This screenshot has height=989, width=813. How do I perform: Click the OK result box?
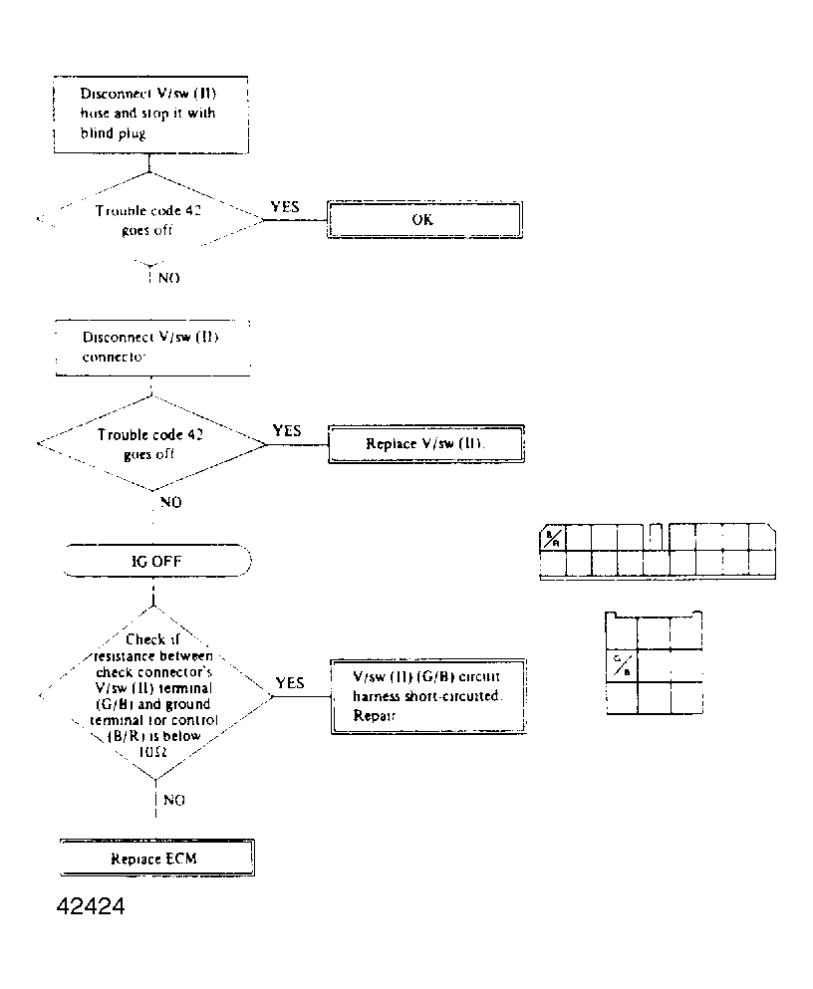pyautogui.click(x=424, y=220)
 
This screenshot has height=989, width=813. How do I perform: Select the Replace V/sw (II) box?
pyautogui.click(x=424, y=444)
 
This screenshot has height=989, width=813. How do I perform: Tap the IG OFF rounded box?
pyautogui.click(x=155, y=561)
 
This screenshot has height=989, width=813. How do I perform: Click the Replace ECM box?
pyautogui.click(x=155, y=858)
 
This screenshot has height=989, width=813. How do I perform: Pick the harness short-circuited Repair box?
pyautogui.click(x=426, y=695)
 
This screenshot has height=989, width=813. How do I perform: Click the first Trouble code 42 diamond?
pyautogui.click(x=149, y=219)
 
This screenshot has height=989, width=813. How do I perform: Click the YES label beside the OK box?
pyautogui.click(x=286, y=207)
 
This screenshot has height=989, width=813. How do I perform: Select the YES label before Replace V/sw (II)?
pyautogui.click(x=287, y=431)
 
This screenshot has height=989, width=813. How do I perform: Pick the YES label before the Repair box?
pyautogui.click(x=290, y=683)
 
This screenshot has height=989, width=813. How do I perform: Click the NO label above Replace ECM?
pyautogui.click(x=171, y=799)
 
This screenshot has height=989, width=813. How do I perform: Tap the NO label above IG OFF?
pyautogui.click(x=170, y=503)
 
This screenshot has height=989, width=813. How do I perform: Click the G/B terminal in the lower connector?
pyautogui.click(x=620, y=665)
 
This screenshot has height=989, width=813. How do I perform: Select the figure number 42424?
pyautogui.click(x=84, y=908)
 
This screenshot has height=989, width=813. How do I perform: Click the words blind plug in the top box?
pyautogui.click(x=114, y=133)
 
